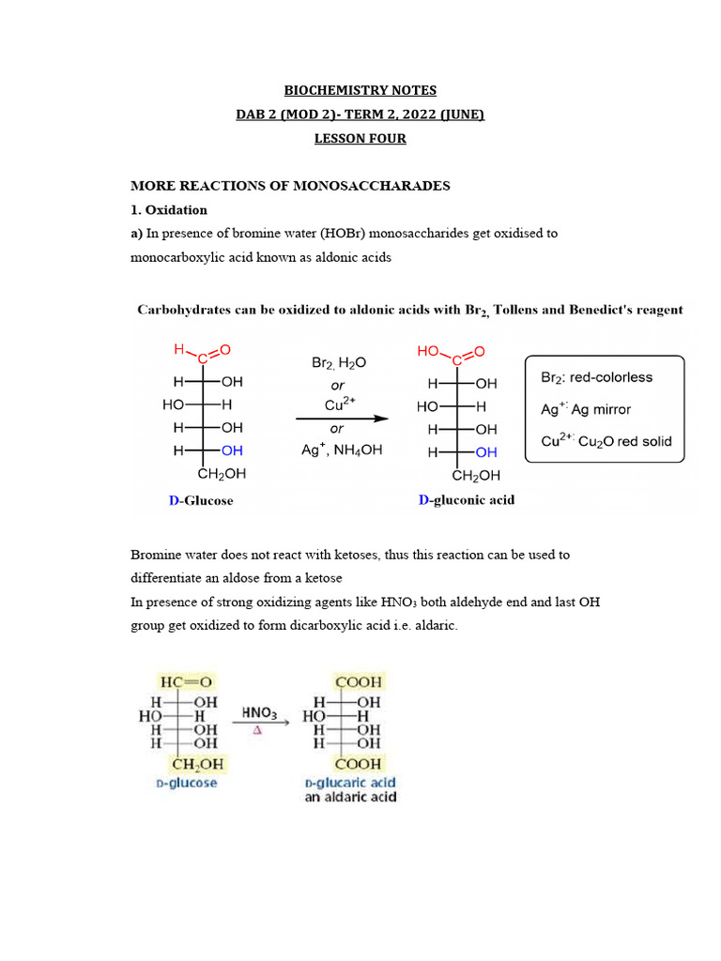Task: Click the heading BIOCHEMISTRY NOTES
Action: (360, 90)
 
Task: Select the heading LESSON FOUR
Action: (360, 138)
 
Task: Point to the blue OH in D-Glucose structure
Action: (231, 450)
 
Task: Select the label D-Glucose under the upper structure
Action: (201, 500)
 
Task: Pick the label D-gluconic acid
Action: (466, 499)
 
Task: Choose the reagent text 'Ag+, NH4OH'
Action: (342, 450)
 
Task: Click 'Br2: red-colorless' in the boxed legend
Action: (596, 377)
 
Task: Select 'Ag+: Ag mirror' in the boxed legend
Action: (586, 409)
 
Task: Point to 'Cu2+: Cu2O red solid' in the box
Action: (606, 441)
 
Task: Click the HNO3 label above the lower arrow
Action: (258, 712)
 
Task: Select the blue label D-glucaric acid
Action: (350, 782)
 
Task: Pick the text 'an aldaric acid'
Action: (350, 798)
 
